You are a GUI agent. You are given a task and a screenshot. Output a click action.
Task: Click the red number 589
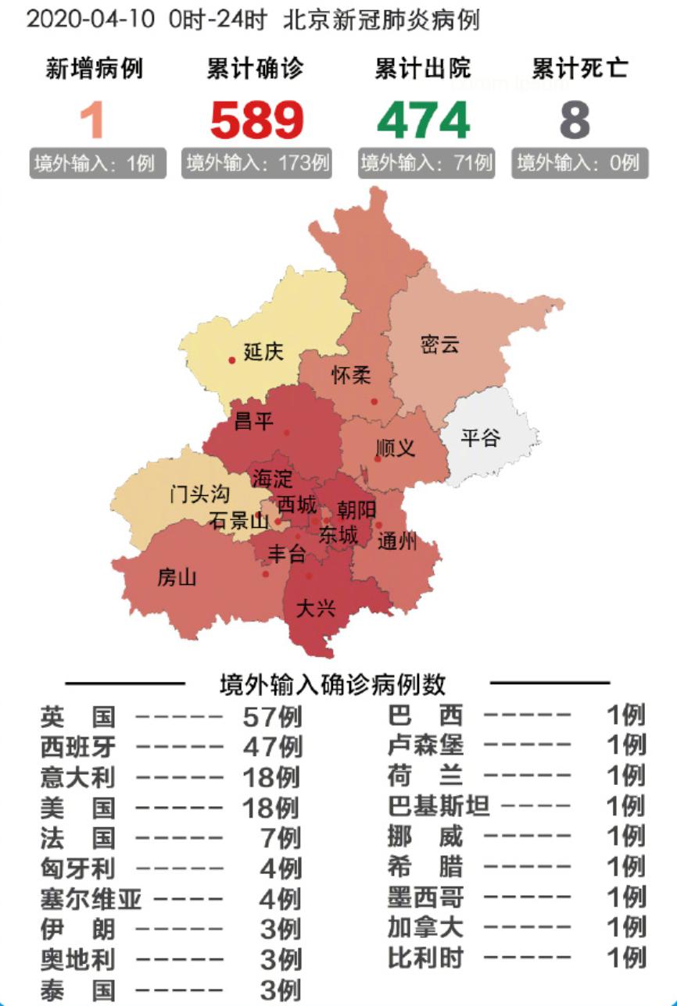[x=256, y=120]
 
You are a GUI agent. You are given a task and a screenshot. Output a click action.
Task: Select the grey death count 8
[x=575, y=120]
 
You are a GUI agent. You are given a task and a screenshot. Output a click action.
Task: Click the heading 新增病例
[x=95, y=69]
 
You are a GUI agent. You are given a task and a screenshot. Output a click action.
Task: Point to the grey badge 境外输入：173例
[x=257, y=164]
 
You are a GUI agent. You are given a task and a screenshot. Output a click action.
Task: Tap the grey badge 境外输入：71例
[x=426, y=164]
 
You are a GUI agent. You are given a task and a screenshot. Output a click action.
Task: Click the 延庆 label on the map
[x=263, y=351]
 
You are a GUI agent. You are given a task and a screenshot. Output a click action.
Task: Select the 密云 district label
[x=439, y=344]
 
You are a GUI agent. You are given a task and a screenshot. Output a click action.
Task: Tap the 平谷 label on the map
[x=480, y=437]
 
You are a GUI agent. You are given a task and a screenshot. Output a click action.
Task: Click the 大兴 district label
[x=315, y=608]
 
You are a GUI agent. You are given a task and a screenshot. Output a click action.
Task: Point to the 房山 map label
[x=177, y=578]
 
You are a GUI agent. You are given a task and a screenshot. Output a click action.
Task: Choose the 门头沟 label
[x=201, y=494]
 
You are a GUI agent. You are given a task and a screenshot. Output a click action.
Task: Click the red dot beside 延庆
[x=232, y=360]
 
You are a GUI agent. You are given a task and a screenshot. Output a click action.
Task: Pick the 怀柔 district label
[x=351, y=375]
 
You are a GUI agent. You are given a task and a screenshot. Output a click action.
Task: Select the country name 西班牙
[x=78, y=747]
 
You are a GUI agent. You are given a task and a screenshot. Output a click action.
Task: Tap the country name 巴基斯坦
[x=439, y=806]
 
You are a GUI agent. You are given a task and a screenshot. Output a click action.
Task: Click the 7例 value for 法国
[x=281, y=838]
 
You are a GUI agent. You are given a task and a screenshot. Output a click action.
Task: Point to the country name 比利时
[x=426, y=957]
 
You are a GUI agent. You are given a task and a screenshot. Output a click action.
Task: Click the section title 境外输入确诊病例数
[x=333, y=685]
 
